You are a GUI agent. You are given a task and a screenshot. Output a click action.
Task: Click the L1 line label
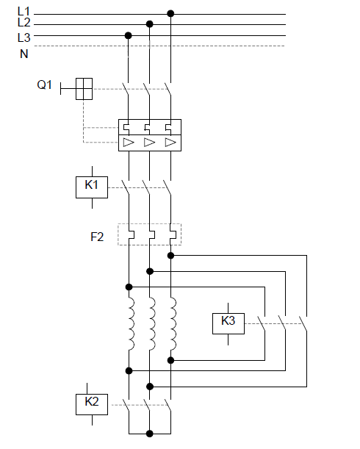24,12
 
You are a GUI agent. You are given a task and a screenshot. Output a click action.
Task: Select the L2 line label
24,22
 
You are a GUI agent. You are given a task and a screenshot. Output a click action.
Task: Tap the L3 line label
24,37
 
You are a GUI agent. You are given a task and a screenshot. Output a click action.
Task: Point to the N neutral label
24,54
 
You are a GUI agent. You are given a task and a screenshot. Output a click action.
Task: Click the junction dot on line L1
170,13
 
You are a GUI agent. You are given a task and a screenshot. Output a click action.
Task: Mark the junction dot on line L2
149,24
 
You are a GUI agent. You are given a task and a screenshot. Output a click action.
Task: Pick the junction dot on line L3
129,35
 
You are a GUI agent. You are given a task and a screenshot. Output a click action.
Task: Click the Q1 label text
44,85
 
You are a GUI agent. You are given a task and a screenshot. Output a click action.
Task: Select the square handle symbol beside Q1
84,89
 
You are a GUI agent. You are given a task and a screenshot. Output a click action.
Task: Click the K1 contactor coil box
92,187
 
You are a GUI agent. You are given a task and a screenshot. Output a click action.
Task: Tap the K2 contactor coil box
92,404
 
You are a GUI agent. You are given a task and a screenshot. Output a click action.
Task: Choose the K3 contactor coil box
228,323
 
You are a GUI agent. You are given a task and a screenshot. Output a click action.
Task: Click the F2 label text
97,237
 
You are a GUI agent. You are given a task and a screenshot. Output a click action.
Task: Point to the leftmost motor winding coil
132,323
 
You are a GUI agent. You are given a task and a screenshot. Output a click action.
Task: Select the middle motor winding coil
152,323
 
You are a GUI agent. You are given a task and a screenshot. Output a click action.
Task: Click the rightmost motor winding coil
173,323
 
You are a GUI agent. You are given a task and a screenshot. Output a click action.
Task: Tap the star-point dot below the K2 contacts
149,434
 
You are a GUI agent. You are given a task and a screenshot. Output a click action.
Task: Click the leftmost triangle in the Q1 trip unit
129,143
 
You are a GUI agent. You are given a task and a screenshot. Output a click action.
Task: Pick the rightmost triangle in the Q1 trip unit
170,143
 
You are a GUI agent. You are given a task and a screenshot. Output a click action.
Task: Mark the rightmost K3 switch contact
303,323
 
